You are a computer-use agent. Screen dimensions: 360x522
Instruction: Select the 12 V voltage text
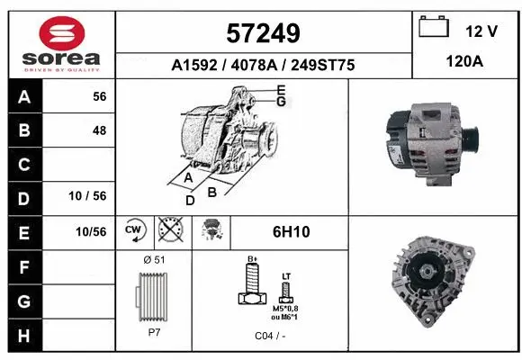[481, 31]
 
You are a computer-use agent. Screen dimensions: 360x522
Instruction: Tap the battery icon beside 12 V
[435, 29]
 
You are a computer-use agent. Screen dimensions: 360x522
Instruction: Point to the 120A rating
[464, 64]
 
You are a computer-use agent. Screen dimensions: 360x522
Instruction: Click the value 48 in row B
[99, 130]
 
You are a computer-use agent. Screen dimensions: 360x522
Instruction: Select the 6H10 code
[291, 232]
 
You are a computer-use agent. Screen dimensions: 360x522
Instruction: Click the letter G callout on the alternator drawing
[281, 103]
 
